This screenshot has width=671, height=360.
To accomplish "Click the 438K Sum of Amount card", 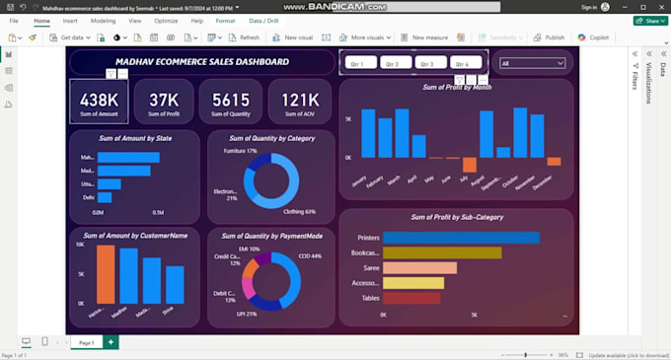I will pos(99,102).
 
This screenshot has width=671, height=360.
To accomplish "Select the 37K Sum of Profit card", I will pos(164,102).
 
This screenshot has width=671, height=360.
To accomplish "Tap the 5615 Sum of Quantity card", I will pos(231,102).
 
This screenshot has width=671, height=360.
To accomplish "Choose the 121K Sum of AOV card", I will pos(299,102).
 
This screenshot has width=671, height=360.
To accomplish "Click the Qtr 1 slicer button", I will pos(360,63).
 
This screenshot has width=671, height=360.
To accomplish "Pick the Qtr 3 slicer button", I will pos(427,63).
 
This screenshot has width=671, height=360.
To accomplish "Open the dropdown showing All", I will pos(533,63).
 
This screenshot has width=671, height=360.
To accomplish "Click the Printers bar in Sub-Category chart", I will pos(460,238).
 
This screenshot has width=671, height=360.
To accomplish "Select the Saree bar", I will pos(419,267).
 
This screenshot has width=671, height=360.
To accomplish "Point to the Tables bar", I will pos(410,298).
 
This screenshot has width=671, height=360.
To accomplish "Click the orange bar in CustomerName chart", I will pos(106,273).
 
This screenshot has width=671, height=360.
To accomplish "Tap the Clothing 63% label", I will pos(299,211).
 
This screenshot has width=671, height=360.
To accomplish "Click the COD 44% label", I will pos(310,255).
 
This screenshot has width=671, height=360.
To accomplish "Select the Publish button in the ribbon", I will pos(549,37).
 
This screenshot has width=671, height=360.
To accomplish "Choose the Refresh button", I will pos(244,37).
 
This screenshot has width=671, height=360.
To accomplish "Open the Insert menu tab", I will pos(70,21).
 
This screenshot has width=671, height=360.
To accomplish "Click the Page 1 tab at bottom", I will pos(86,342).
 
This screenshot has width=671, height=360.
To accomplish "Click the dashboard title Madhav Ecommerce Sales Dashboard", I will pos(202,62).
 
